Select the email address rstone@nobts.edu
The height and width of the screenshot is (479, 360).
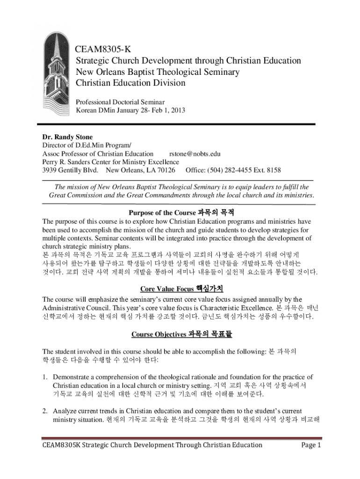[x=195, y=153]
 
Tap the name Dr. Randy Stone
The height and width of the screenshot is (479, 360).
[x=67, y=137]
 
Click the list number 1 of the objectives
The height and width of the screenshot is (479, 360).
[x=45, y=377]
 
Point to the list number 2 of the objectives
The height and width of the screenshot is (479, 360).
[x=45, y=411]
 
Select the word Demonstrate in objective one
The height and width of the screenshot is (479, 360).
[x=72, y=377]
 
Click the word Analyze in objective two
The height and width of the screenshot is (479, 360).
[x=65, y=411]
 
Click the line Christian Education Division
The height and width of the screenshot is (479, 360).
[x=130, y=83]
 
